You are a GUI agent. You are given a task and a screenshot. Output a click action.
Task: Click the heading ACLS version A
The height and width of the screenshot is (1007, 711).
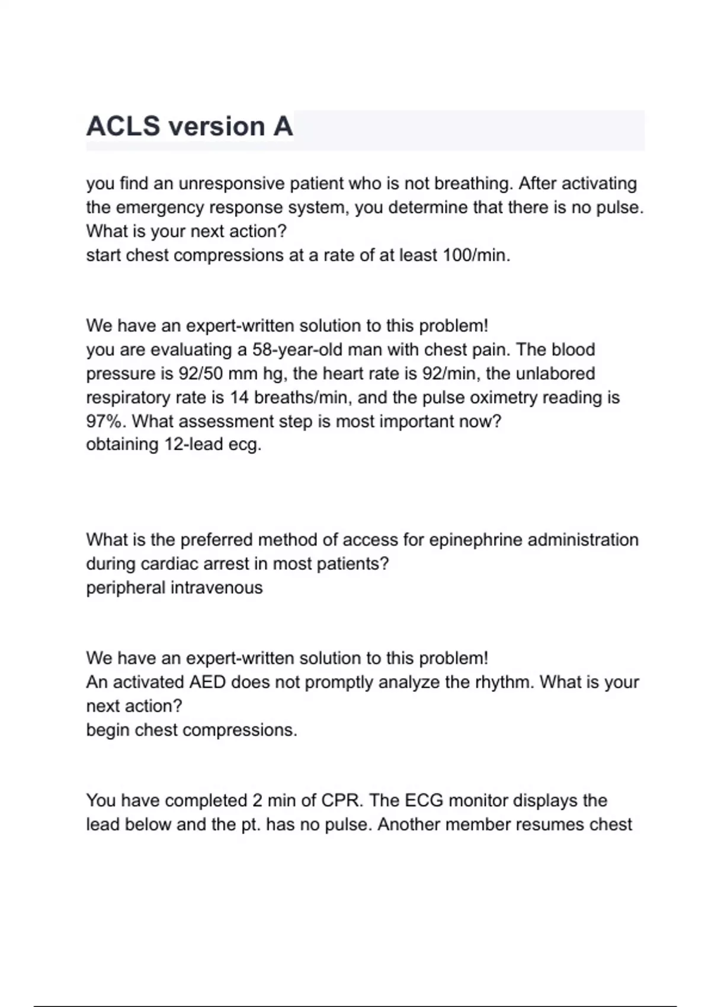pyautogui.click(x=190, y=127)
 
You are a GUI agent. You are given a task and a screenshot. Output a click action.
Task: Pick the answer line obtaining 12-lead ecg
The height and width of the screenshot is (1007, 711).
pyautogui.click(x=174, y=444)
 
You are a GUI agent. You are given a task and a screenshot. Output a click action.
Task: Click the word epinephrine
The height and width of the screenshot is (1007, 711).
pyautogui.click(x=475, y=540)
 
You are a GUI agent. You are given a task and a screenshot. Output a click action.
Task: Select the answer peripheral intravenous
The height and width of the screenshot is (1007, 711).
pyautogui.click(x=174, y=588)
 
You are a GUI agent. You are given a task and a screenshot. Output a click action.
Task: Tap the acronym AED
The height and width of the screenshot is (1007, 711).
pyautogui.click(x=207, y=682)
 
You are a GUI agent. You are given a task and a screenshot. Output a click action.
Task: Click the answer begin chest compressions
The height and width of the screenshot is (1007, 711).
pyautogui.click(x=191, y=730)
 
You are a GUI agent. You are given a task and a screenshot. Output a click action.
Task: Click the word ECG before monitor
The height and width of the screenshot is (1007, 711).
pyautogui.click(x=424, y=800)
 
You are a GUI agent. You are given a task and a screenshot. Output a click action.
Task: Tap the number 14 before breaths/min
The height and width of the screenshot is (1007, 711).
pyautogui.click(x=239, y=397)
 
